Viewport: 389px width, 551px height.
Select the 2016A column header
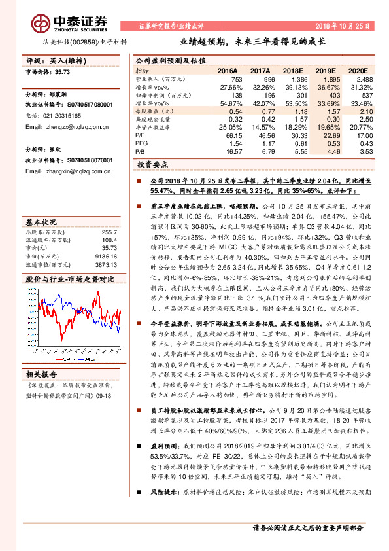point(228,70)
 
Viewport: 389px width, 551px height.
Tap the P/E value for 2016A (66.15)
point(233,135)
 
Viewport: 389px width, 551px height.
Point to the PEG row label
point(141,143)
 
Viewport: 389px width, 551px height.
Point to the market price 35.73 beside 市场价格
point(63,73)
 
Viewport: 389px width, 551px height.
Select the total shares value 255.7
point(107,232)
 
